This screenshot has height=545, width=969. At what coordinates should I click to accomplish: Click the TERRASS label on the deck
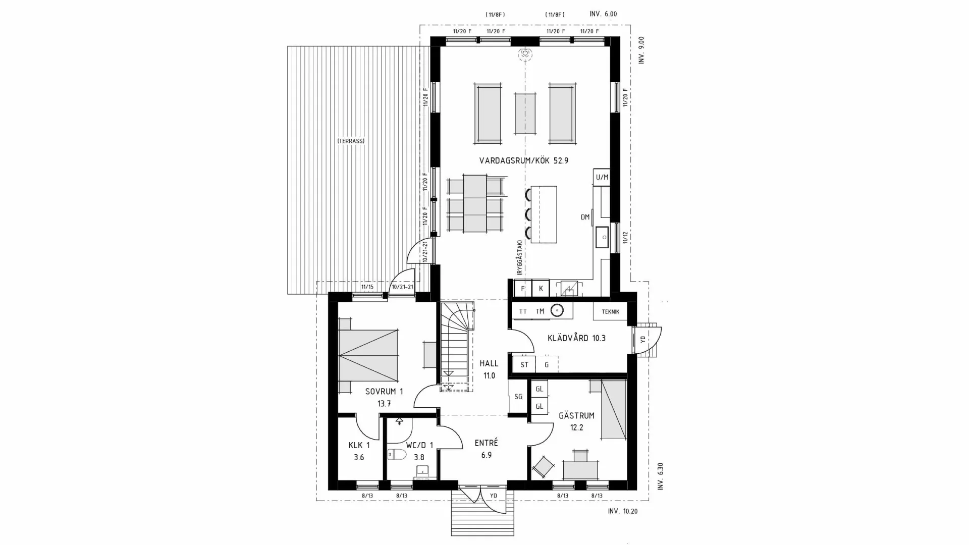point(351,141)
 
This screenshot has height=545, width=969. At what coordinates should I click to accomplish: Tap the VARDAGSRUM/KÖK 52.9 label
point(523,161)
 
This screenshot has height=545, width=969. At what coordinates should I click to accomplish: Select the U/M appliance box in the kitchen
point(602,177)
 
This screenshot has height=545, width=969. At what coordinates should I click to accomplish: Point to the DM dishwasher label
point(585,217)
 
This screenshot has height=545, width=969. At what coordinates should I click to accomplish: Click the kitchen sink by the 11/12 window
point(602,237)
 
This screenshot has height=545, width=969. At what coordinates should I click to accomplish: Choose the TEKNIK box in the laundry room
point(610,312)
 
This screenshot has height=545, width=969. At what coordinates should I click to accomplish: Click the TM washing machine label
point(540,311)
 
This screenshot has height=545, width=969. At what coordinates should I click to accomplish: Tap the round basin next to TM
point(557,311)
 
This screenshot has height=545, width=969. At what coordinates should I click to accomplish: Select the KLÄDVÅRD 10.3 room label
point(576,338)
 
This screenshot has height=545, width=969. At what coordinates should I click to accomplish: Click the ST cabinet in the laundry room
point(524,365)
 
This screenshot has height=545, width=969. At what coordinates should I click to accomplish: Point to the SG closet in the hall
point(518,397)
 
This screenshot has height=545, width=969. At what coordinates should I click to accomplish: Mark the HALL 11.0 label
point(489,369)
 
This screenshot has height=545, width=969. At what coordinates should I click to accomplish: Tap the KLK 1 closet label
point(359,451)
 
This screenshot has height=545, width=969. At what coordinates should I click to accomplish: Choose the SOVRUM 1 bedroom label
point(384,397)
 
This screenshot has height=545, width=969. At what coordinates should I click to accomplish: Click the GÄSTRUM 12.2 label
point(576,421)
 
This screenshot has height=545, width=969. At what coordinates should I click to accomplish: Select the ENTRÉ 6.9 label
point(487,449)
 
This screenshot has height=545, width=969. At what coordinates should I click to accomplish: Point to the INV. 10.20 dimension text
point(623,511)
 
